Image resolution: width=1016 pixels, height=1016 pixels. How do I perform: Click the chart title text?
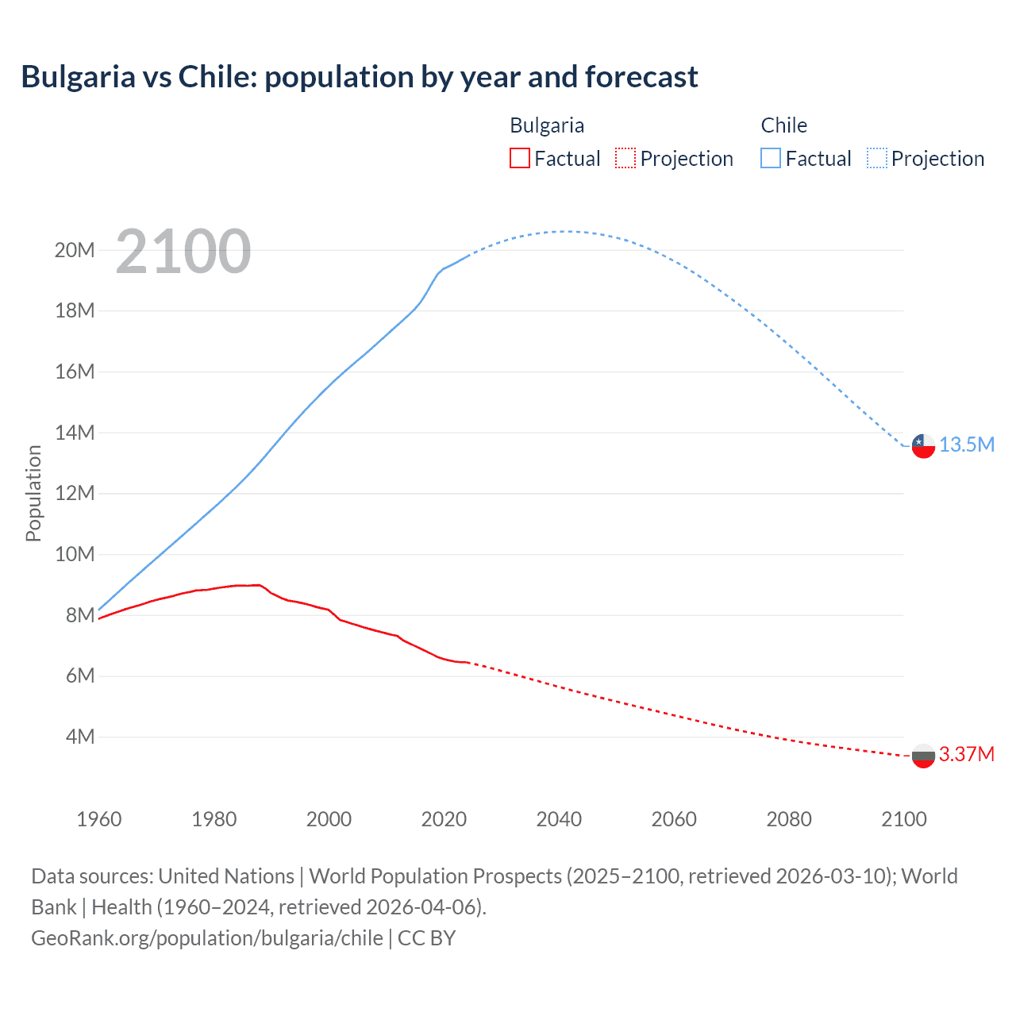tap(360, 77)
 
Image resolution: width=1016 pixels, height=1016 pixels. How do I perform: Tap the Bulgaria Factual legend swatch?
tap(519, 158)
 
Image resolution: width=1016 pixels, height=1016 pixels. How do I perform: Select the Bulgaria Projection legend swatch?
tap(625, 158)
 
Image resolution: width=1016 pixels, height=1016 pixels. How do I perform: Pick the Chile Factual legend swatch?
tap(771, 158)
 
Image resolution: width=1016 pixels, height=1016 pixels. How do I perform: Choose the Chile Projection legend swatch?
tap(877, 158)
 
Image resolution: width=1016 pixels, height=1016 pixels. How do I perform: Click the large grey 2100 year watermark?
tap(183, 252)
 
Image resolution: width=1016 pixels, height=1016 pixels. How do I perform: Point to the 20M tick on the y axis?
tap(75, 250)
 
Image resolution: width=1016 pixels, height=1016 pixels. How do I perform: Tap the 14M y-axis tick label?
tap(75, 433)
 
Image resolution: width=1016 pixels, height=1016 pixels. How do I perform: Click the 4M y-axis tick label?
tap(80, 737)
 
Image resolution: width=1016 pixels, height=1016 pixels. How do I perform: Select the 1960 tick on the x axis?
tap(99, 819)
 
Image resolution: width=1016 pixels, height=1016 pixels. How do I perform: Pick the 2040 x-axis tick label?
tap(559, 819)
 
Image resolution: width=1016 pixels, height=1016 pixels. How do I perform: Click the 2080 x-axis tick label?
tap(789, 819)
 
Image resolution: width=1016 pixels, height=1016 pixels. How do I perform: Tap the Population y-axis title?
tap(33, 493)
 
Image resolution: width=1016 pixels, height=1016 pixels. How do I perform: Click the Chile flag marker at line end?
tap(923, 445)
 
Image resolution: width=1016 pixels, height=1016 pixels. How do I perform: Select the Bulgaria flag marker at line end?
tap(923, 756)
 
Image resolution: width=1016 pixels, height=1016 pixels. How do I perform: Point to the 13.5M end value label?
tap(967, 444)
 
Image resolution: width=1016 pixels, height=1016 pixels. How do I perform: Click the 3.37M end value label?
tap(967, 754)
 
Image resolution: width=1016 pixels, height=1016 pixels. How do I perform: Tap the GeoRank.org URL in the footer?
tap(207, 937)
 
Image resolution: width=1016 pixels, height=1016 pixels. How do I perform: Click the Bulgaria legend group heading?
tap(547, 125)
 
